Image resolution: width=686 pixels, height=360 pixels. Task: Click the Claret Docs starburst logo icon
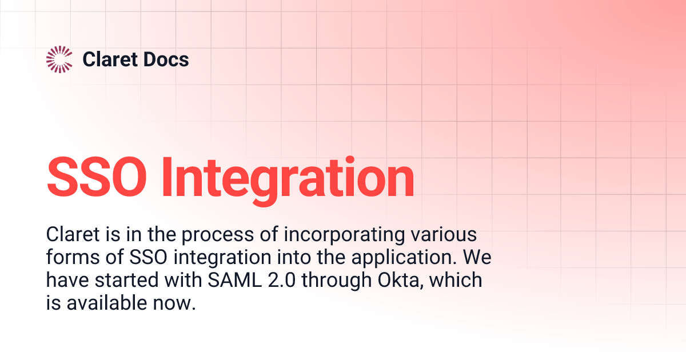click(59, 59)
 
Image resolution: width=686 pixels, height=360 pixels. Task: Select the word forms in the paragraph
click(67, 258)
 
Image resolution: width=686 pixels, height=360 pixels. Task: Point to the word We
click(477, 258)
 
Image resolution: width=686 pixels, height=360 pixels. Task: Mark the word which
click(457, 281)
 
